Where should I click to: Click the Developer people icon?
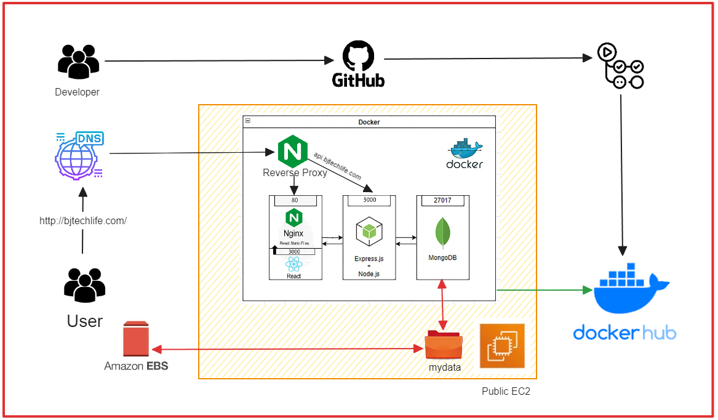pos(78,62)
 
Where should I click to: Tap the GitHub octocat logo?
pos(358,56)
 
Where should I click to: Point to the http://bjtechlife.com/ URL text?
pos(83,220)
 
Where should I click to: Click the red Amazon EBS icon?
pos(137,339)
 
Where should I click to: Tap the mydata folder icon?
pos(443,345)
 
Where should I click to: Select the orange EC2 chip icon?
pos(502,345)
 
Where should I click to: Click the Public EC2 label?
pos(506,392)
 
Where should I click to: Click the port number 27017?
pos(442,200)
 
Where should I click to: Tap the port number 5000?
pos(369,200)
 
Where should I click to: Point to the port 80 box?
pos(295,200)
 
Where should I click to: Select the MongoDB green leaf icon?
pos(443,233)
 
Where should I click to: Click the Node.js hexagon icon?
pos(369,232)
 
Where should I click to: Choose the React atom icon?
pos(293,264)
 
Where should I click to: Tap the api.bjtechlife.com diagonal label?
pos(337,166)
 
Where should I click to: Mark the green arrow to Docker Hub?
pos(541,289)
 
